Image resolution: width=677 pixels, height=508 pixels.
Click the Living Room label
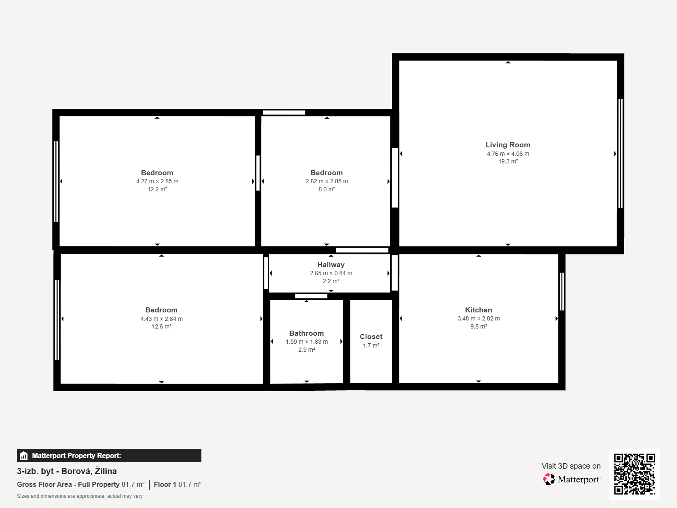(x=508, y=145)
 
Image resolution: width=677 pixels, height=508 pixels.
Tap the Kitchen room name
(x=479, y=310)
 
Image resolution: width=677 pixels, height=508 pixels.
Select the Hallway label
(x=331, y=265)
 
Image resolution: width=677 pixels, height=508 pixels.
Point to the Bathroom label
(x=306, y=333)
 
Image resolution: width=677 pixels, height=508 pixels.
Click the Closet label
(x=371, y=337)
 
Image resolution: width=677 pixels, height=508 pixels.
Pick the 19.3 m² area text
(x=508, y=161)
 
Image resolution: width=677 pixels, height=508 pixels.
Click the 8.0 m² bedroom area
(x=327, y=189)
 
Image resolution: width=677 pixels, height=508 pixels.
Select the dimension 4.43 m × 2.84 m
(x=161, y=319)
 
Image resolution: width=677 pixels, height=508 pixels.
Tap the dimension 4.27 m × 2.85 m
(x=157, y=181)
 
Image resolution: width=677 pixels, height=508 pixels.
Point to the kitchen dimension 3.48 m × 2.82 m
(x=479, y=319)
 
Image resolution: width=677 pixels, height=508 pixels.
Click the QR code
(x=634, y=474)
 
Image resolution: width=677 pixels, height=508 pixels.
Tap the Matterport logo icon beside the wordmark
(x=548, y=479)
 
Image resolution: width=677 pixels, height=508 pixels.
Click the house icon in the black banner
(x=24, y=456)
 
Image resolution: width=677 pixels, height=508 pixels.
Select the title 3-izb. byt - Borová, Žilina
(x=67, y=471)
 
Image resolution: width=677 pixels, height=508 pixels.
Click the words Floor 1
(x=165, y=485)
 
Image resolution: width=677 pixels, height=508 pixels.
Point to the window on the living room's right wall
(x=621, y=154)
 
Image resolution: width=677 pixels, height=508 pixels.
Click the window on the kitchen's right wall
(x=562, y=292)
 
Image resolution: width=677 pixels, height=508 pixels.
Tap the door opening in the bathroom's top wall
(x=311, y=296)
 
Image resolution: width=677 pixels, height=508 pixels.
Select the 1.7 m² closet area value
(x=371, y=345)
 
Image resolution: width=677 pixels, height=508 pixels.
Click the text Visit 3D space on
(x=571, y=466)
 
